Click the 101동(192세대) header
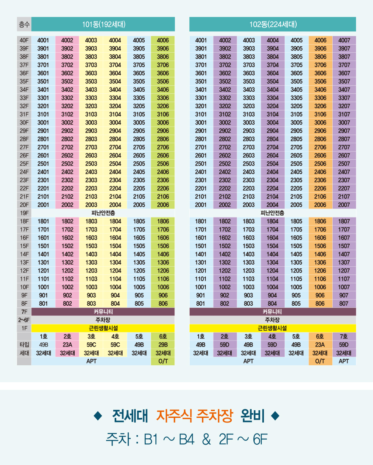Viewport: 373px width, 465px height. point(103,24)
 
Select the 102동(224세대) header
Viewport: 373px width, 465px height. point(272,24)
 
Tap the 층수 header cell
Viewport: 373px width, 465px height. point(24,24)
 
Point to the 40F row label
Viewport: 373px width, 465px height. point(24,40)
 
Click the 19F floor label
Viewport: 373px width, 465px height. point(24,213)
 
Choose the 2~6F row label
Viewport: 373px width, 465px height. point(24,320)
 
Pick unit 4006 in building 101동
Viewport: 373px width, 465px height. point(163,40)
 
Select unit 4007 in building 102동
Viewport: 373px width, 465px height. point(344,40)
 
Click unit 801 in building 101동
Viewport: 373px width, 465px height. point(43,304)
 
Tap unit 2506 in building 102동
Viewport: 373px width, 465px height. point(320,163)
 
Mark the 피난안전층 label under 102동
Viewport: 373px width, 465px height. point(272,213)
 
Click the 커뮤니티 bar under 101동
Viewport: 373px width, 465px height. point(103,312)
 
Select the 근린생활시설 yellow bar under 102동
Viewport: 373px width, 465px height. point(272,328)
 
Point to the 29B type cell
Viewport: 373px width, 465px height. point(163,344)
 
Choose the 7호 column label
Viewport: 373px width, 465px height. point(344,336)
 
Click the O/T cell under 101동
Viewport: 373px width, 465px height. point(163,361)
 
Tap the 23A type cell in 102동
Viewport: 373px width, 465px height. point(320,344)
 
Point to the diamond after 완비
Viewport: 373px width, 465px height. point(275,415)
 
